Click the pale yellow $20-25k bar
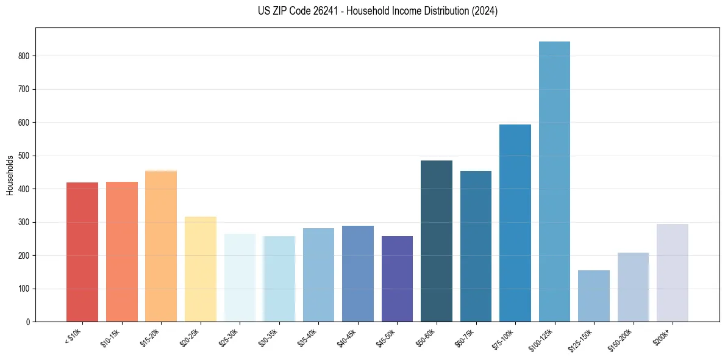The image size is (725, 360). [201, 269]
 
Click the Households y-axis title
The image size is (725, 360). [10, 175]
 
